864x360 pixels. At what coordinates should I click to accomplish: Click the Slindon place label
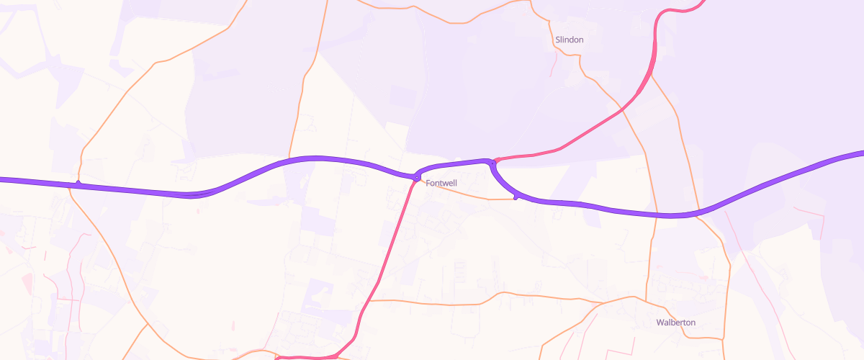(569, 40)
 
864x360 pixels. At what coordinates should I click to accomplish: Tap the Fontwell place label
(441, 184)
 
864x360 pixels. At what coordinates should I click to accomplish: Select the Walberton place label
(676, 323)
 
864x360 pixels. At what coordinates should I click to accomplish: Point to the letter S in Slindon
(558, 40)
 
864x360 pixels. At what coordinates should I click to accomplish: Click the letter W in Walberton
(660, 323)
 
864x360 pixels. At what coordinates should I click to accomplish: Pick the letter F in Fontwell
(428, 184)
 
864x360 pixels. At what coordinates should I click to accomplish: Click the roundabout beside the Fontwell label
(417, 176)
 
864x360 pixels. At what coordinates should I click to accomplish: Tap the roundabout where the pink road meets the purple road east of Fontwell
(493, 161)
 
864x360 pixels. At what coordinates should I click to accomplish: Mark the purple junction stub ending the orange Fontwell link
(516, 197)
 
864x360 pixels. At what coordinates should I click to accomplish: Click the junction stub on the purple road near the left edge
(78, 184)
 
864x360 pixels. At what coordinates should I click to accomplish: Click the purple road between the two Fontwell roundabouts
(454, 165)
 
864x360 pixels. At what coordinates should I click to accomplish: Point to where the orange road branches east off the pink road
(369, 300)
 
